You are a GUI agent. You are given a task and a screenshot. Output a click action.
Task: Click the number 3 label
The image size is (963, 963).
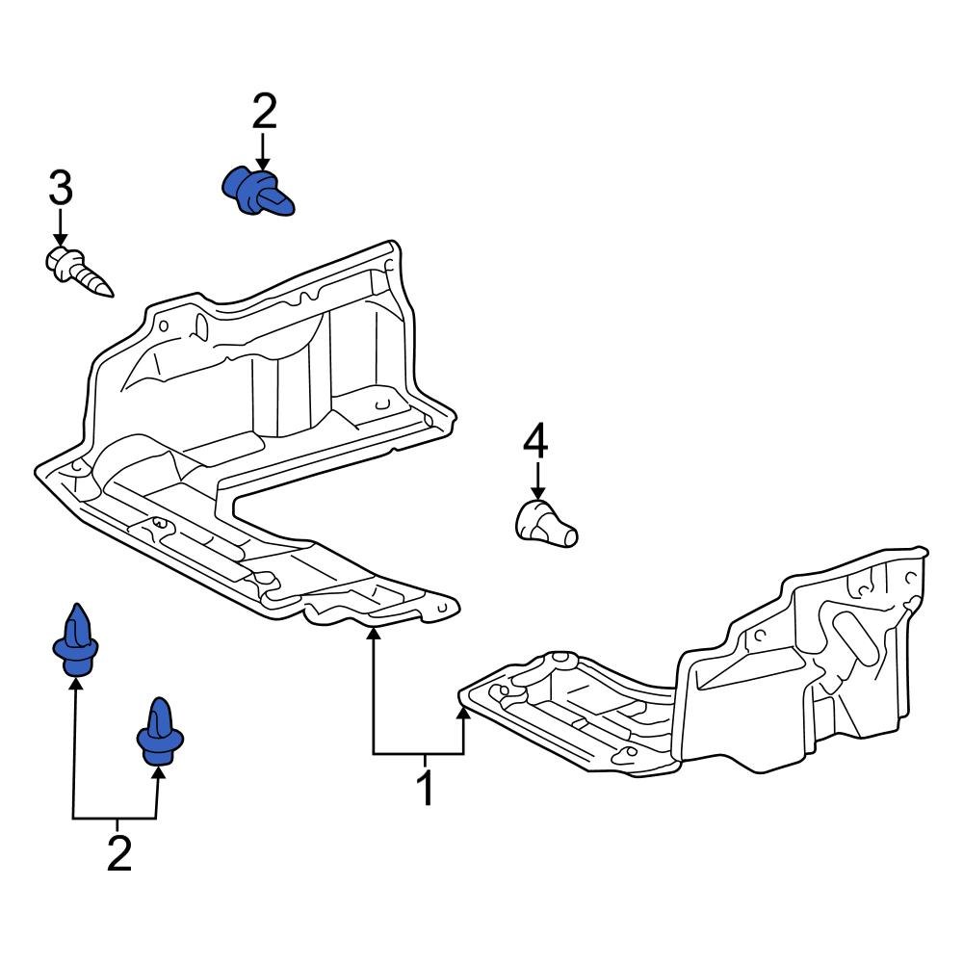point(60,188)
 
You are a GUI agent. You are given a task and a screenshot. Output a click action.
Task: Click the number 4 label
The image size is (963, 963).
point(535,442)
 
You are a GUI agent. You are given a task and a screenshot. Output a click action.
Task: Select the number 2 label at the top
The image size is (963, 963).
point(264,113)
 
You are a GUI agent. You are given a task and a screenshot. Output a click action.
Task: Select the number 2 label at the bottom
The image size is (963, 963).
point(117,854)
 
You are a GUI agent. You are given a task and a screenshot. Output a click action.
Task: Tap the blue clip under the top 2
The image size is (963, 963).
point(255,190)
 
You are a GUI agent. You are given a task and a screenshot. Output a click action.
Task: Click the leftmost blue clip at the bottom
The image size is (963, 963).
point(75,641)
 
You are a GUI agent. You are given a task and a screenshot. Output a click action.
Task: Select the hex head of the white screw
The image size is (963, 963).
point(60,261)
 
